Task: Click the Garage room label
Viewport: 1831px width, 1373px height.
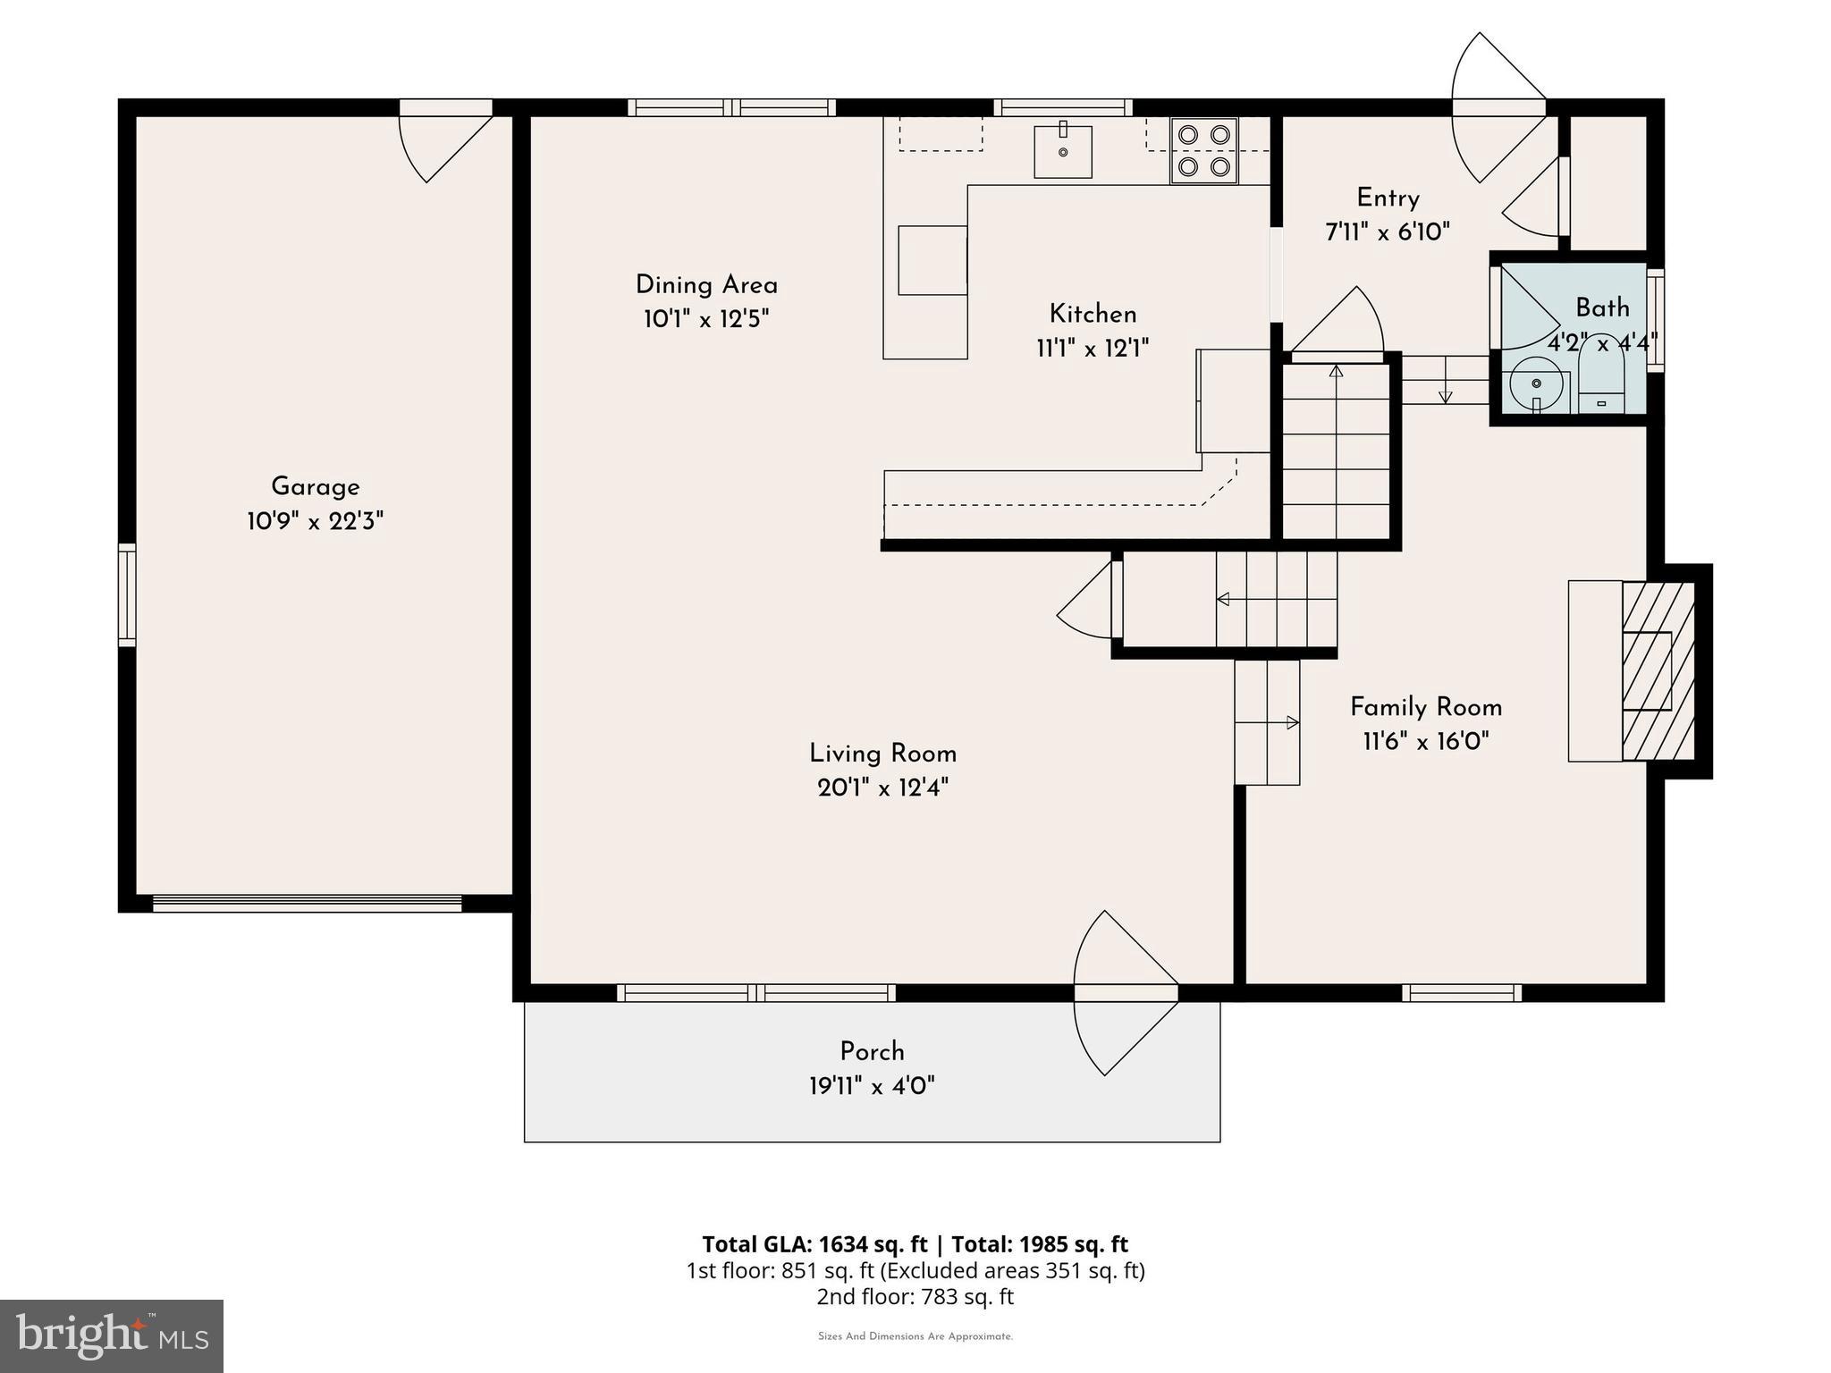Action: click(315, 487)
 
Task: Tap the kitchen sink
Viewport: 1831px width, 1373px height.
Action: click(1063, 152)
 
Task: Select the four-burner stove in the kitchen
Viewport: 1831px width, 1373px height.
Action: click(1203, 150)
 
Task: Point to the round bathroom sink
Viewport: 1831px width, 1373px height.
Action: click(1536, 385)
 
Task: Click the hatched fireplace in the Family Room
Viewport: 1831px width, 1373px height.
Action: click(1658, 671)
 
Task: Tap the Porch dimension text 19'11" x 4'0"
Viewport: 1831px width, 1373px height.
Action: click(872, 1086)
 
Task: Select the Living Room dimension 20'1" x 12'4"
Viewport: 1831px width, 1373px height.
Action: click(882, 788)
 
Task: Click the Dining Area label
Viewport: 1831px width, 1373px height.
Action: click(706, 285)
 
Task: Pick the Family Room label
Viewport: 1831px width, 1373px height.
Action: click(1425, 707)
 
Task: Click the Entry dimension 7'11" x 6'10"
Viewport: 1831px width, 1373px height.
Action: click(1387, 232)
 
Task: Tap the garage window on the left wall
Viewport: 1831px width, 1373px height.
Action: click(127, 594)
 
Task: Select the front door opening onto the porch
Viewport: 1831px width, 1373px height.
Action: click(1126, 992)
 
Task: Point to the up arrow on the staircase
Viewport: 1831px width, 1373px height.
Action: click(1336, 372)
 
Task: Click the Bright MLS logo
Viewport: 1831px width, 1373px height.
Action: click(111, 1336)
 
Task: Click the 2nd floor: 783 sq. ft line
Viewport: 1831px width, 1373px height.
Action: click(915, 1296)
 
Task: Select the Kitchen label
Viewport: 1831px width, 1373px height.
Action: click(1093, 314)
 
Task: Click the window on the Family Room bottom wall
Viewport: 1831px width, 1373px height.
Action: click(1461, 992)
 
